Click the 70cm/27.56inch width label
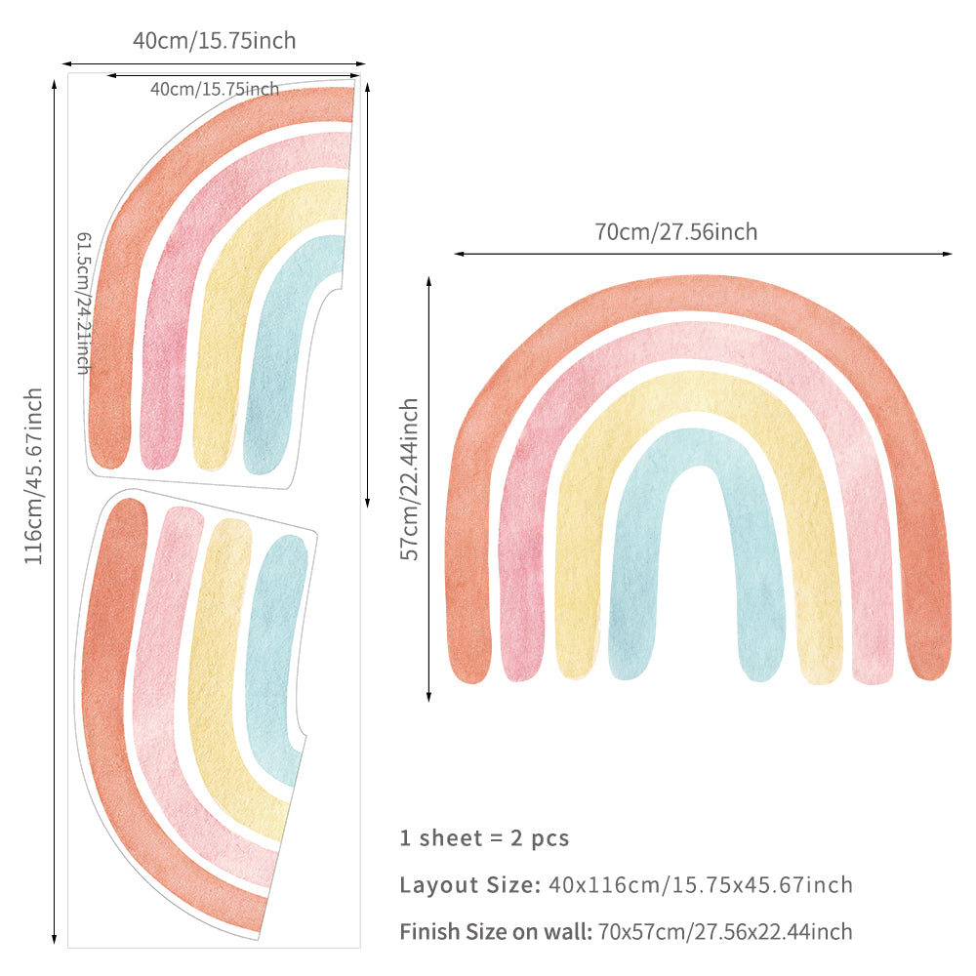[x=675, y=232]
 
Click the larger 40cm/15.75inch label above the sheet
[x=214, y=41]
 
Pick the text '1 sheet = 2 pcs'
[x=484, y=837]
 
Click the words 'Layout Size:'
[x=469, y=885]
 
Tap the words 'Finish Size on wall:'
[x=496, y=932]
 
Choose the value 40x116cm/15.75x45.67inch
[x=701, y=885]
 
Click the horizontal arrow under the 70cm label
[x=703, y=254]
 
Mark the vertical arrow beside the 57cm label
[x=428, y=488]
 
